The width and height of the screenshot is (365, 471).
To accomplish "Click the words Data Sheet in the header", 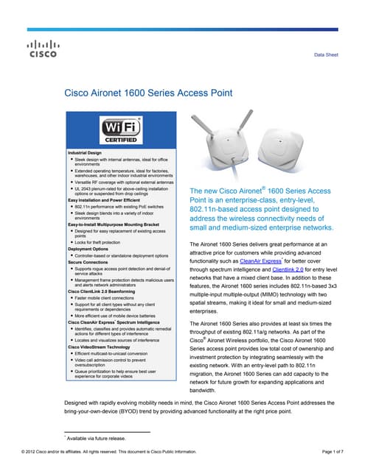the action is coord(326,55).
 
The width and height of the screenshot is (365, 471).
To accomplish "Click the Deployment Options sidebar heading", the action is coord(88,248).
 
